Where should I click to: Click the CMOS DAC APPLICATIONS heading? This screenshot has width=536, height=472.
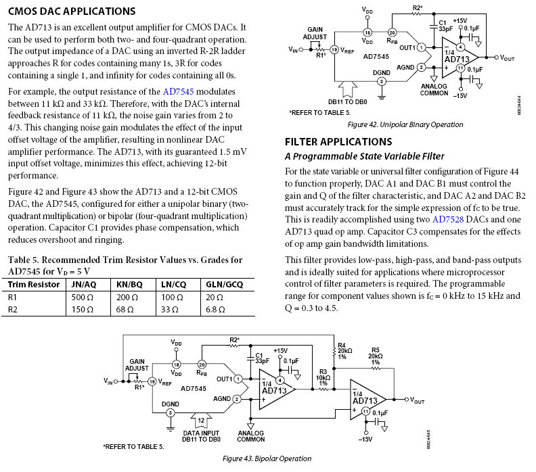[x=72, y=11]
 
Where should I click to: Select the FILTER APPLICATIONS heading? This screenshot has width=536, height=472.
[x=338, y=142]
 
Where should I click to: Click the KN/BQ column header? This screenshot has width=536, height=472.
[x=129, y=284]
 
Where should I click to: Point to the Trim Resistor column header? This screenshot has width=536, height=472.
[x=34, y=284]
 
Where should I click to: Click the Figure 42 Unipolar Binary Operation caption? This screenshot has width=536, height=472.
[x=405, y=124]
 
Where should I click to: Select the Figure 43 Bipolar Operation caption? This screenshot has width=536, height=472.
[x=267, y=458]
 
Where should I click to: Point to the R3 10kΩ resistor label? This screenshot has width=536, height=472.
[x=323, y=377]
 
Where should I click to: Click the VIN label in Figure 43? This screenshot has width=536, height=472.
[x=108, y=382]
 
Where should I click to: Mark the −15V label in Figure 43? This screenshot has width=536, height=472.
[x=365, y=439]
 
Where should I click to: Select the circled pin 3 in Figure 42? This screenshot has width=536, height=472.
[x=382, y=81]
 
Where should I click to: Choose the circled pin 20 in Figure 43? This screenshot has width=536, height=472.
[x=202, y=364]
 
